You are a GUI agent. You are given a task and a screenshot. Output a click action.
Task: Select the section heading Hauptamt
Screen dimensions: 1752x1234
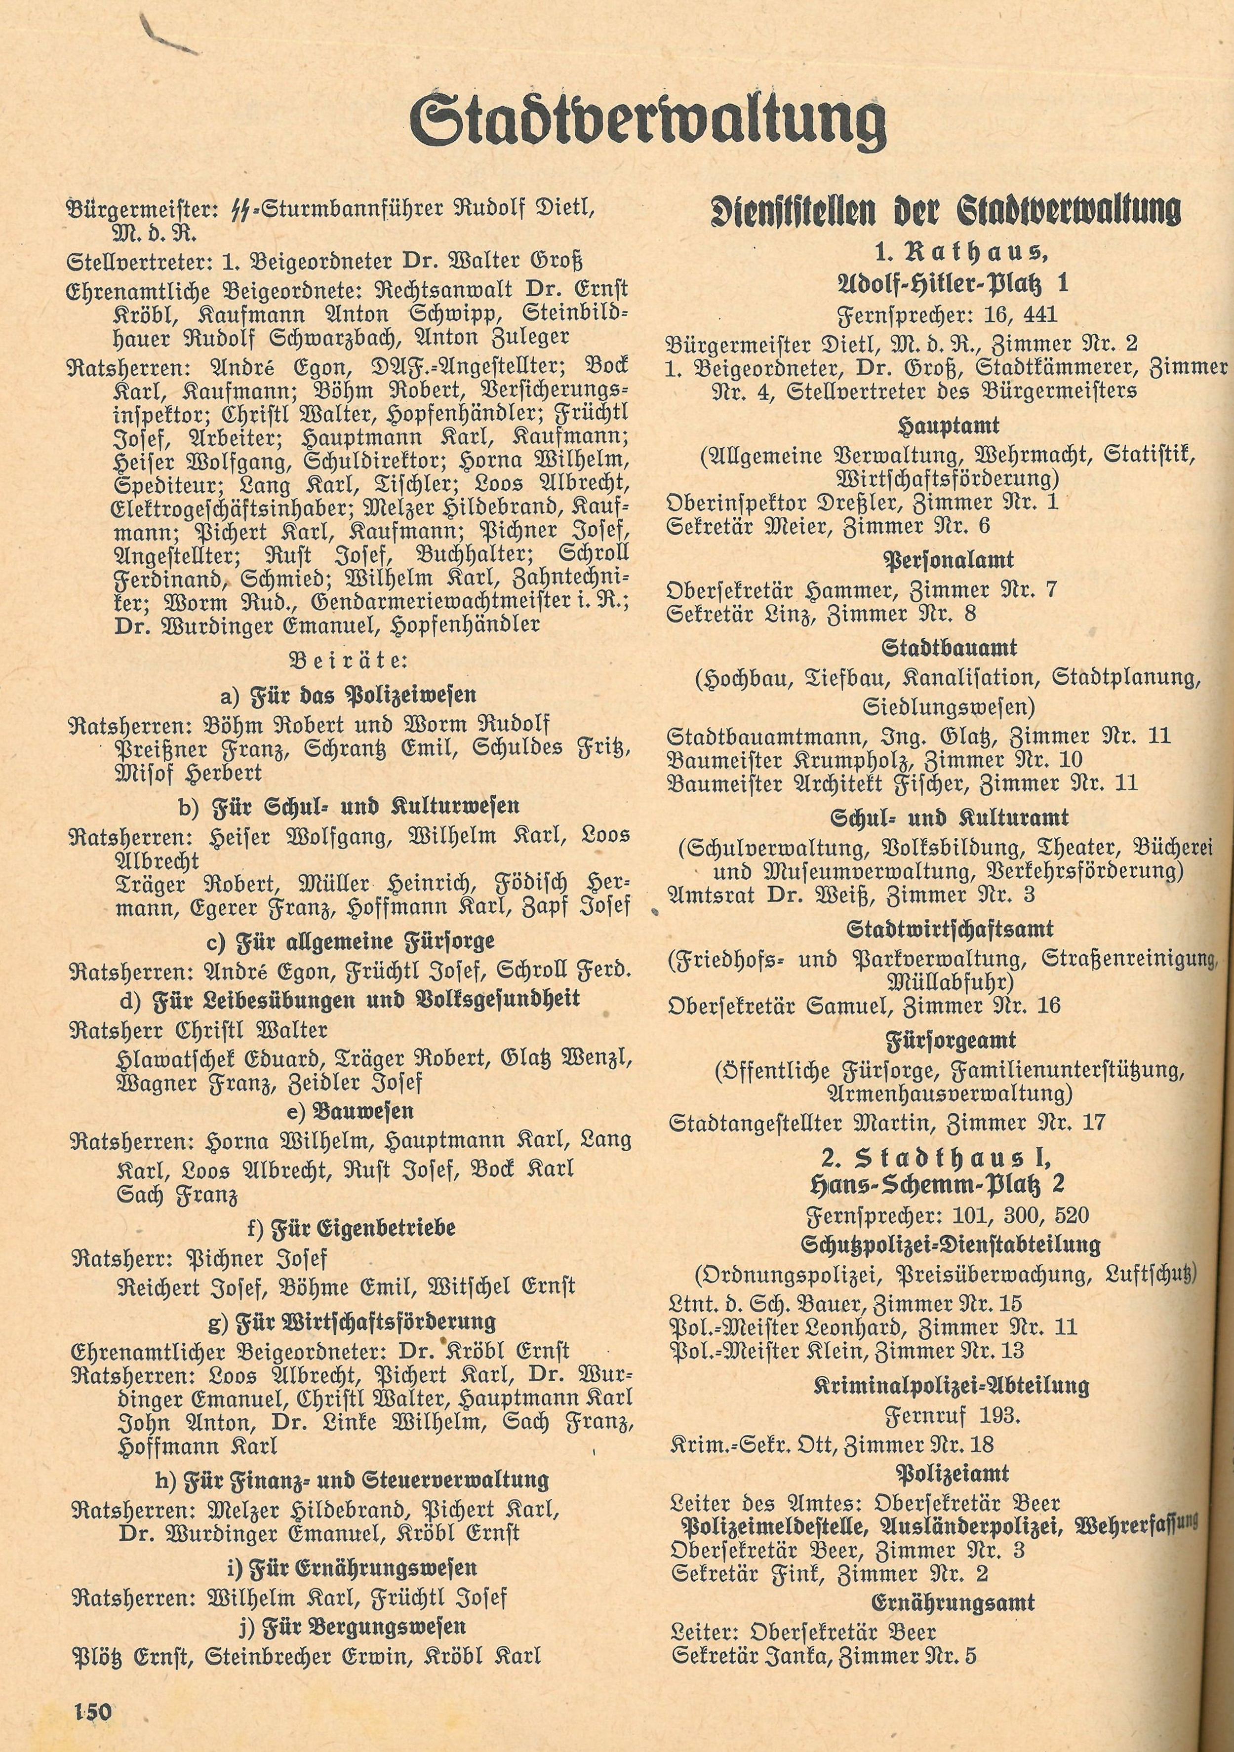coord(949,425)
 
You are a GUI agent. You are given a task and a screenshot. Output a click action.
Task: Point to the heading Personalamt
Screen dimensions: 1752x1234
coord(949,560)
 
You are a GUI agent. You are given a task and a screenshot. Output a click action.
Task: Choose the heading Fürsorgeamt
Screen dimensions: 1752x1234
coord(949,1041)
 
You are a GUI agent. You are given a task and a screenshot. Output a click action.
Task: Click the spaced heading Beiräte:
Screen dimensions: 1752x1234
coord(350,660)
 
